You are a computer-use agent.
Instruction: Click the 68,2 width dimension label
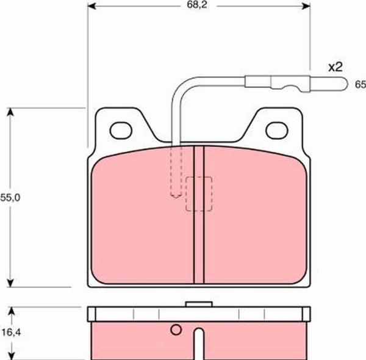click(197, 5)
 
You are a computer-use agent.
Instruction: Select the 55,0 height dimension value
click(10, 198)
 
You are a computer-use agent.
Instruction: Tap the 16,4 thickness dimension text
click(11, 332)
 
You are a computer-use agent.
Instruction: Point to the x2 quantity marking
click(335, 67)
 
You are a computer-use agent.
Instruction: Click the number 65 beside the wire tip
click(360, 84)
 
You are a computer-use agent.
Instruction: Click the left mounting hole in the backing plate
click(121, 131)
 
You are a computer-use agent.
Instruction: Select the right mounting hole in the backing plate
click(277, 131)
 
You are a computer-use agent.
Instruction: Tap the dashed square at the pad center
click(199, 194)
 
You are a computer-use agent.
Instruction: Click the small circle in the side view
click(176, 329)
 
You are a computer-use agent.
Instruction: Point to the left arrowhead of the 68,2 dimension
click(91, 6)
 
